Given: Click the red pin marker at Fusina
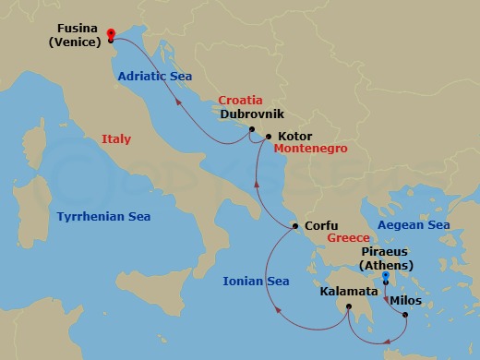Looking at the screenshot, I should click(x=111, y=33).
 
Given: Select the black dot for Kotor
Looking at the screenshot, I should click(x=269, y=137).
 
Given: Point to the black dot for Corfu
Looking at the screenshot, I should click(x=294, y=226).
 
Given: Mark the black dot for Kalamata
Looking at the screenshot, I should click(x=349, y=307).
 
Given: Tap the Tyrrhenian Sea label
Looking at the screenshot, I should click(x=103, y=216).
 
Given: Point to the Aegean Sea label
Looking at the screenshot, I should click(x=412, y=224).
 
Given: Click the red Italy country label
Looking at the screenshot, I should click(x=116, y=139).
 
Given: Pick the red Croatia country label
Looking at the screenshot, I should click(x=240, y=100).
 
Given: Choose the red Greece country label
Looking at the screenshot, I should click(x=348, y=238).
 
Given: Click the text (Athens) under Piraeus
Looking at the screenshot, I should click(x=385, y=266).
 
